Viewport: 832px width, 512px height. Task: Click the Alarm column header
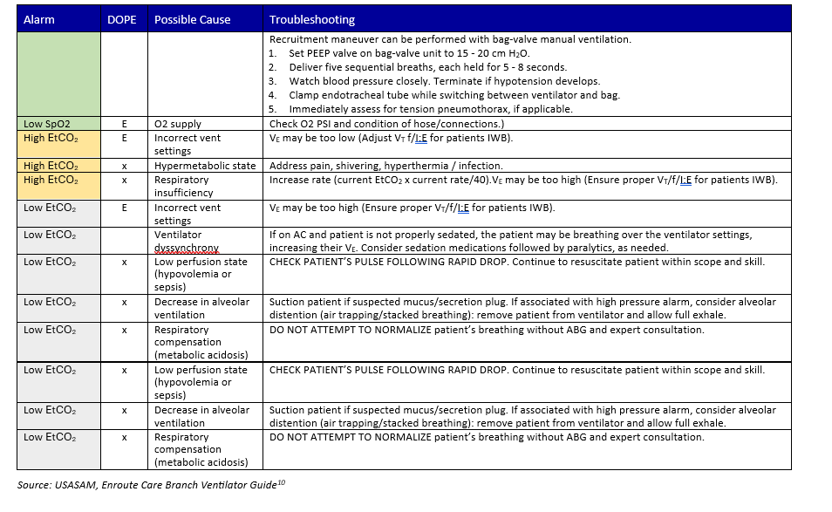click(39, 19)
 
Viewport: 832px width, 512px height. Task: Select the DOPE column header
click(121, 19)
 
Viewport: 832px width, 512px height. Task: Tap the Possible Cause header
click(193, 19)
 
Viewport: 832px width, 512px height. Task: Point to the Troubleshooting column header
click(311, 19)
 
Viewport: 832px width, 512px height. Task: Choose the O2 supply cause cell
click(177, 124)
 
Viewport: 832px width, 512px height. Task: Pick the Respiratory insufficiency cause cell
click(183, 186)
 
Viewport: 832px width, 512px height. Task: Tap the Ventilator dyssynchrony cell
click(178, 241)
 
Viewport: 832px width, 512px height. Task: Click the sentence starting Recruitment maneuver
click(450, 39)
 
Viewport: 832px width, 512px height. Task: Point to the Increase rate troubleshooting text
click(523, 180)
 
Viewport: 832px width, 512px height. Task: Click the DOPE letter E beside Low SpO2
click(125, 124)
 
